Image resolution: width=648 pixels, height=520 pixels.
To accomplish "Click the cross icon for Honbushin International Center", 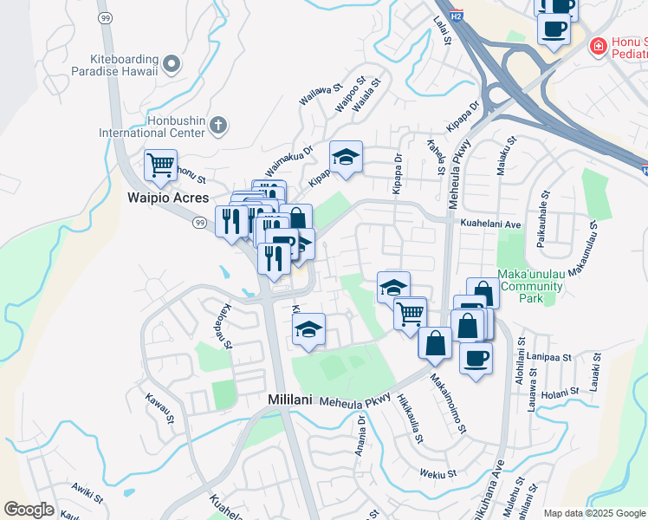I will (217, 126).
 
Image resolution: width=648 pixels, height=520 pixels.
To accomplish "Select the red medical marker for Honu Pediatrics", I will (597, 45).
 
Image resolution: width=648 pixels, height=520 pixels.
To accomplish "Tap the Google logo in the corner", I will (29, 510).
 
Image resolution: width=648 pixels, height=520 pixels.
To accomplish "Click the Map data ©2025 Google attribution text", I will (594, 513).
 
